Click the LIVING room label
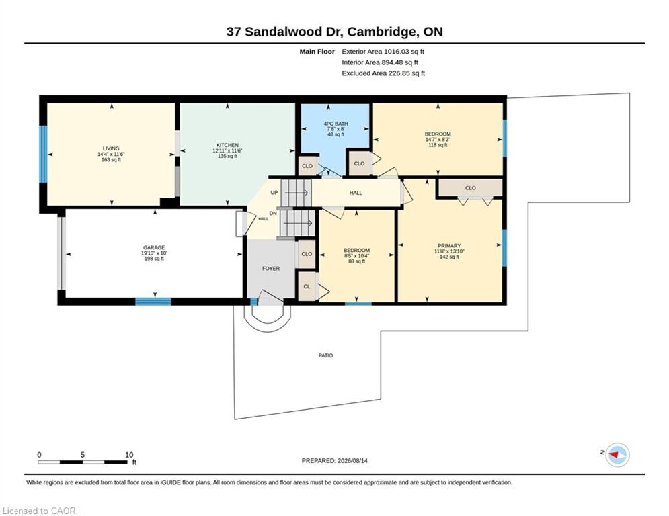coord(111,149)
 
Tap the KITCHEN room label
coord(227,145)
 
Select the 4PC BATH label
coord(336,124)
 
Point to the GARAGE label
coord(154,247)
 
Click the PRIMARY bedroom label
coord(449,246)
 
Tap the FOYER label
coord(271,268)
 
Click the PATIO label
coord(325,355)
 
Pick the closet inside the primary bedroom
coord(471,188)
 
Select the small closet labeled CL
coord(307,287)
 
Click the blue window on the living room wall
coord(43,154)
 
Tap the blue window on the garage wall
coord(153,301)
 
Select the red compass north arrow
coord(614,455)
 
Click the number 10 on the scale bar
coord(129,455)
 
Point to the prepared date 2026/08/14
coord(352,460)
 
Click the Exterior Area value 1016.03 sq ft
coord(404,52)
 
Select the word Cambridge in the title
coord(381,32)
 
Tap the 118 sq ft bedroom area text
coord(438,145)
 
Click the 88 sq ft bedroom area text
coord(356,261)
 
